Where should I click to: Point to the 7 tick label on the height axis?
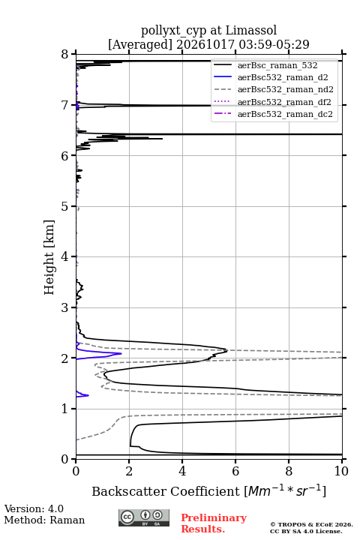[x=64, y=105]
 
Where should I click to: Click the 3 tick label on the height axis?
[x=64, y=307]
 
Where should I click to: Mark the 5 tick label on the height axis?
[x=64, y=206]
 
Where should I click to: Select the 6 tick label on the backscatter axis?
[x=235, y=471]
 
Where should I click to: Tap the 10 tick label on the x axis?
[x=341, y=471]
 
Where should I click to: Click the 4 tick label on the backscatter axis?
[x=182, y=471]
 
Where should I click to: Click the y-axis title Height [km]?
[x=49, y=257]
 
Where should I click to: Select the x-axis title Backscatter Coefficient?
[x=165, y=491]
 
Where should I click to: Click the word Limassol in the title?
[x=251, y=30]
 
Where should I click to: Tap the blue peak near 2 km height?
[x=121, y=354]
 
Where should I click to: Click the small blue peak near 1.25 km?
[x=88, y=395]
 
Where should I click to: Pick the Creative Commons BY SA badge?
[x=144, y=517]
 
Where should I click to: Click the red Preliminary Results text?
[x=214, y=523]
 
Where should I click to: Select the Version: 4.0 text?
[x=34, y=508]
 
